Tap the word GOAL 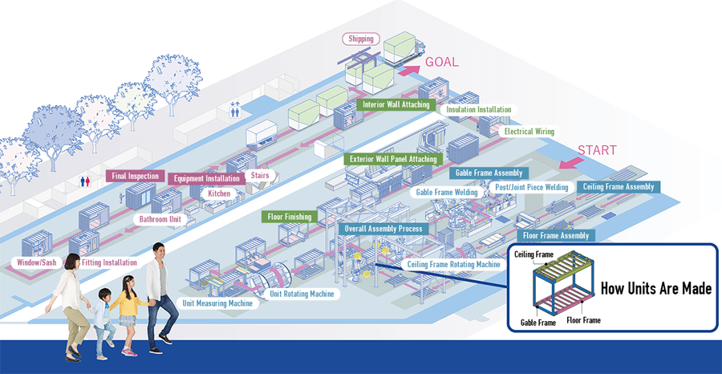tap(441, 62)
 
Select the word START tap(597, 150)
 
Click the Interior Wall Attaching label tap(396, 104)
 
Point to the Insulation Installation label tap(477, 110)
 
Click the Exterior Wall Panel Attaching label tap(393, 159)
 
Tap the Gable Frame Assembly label tap(489, 173)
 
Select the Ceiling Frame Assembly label tap(619, 187)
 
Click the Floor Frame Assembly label tap(556, 235)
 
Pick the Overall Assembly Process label tap(382, 229)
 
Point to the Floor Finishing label tap(291, 217)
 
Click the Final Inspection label tap(136, 176)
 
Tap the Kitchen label tap(219, 193)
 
